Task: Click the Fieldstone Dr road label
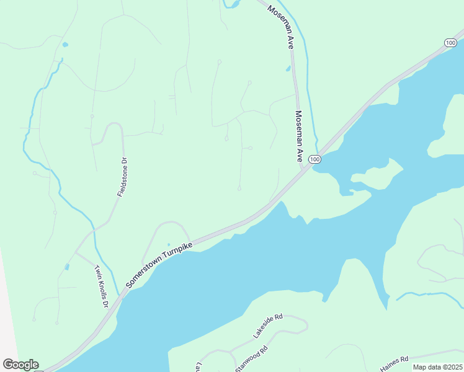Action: point(122,177)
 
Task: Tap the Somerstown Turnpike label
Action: point(159,263)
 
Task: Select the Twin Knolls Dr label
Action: point(101,287)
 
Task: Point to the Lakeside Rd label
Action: point(267,326)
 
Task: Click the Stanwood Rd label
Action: point(251,359)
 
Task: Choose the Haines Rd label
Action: point(395,363)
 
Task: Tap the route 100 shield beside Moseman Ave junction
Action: point(315,159)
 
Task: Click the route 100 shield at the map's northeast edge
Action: point(450,42)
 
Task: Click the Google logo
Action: point(20,365)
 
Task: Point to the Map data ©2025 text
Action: point(437,367)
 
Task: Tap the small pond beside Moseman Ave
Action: point(288,68)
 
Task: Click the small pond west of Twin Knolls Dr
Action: point(66,267)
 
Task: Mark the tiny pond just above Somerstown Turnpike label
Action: point(168,244)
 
